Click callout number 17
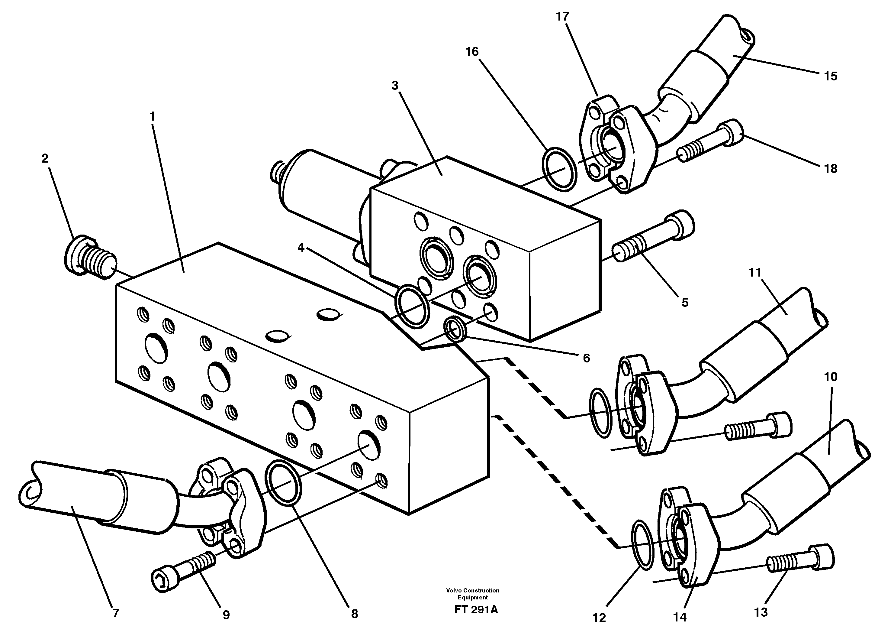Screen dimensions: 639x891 (562, 17)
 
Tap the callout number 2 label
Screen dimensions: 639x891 (45, 158)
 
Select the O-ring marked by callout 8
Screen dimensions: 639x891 (284, 482)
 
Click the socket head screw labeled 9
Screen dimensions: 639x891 (183, 569)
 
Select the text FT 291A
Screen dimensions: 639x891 (476, 610)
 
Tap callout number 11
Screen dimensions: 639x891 (755, 272)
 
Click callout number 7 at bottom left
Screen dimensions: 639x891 (115, 613)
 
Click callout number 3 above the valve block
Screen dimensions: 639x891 (395, 85)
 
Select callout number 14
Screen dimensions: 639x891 (680, 617)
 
